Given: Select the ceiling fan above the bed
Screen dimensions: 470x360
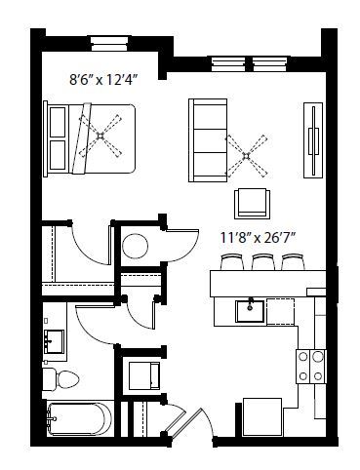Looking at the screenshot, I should pyautogui.click(x=100, y=135).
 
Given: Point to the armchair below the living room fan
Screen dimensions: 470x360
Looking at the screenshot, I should pyautogui.click(x=252, y=203).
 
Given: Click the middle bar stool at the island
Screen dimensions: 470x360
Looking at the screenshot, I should pyautogui.click(x=262, y=263).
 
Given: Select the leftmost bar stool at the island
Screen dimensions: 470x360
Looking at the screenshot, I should pyautogui.click(x=232, y=263).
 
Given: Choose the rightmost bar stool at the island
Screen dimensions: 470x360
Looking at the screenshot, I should pyautogui.click(x=293, y=263).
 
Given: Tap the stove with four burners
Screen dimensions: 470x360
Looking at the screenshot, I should pyautogui.click(x=310, y=367).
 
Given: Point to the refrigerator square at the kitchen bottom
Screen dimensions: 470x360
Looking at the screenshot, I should pyautogui.click(x=262, y=417).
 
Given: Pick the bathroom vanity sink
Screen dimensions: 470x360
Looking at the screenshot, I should pyautogui.click(x=53, y=342).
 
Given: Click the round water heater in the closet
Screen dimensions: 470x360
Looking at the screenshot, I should pyautogui.click(x=135, y=245).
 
